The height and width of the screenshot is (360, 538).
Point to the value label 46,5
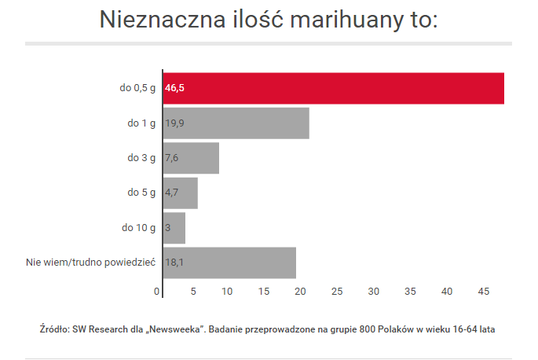point(174,88)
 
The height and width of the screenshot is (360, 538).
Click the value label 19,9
point(174,123)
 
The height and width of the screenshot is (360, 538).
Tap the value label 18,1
point(174,263)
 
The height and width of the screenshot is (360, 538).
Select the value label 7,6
point(172,158)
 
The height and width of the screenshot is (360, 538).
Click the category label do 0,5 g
point(137,88)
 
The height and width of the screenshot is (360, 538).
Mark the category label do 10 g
point(139,227)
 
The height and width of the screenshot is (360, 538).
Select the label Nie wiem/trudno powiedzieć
point(91,263)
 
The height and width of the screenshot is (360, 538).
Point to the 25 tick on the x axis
point(337,292)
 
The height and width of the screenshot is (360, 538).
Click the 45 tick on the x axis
point(483,292)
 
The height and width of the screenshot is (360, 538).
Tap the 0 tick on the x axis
point(157,292)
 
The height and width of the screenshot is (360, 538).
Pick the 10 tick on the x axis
point(227,292)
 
